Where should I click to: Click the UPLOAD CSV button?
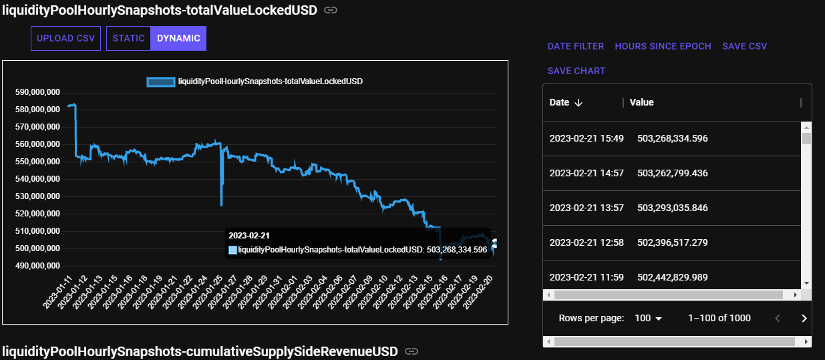(65, 39)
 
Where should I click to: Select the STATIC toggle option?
(128, 39)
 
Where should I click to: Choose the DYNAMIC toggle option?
(178, 39)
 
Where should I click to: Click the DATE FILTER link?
(576, 47)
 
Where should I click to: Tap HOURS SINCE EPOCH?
(663, 47)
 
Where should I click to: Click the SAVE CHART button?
(576, 71)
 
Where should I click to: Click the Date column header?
(559, 103)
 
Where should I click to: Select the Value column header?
(641, 103)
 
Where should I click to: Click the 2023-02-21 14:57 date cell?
(587, 174)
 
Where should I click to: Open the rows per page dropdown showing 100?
(648, 319)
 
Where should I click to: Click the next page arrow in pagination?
(804, 319)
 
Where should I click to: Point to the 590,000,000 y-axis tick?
(37, 92)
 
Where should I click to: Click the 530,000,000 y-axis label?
(37, 196)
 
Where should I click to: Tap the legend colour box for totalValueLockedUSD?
(160, 81)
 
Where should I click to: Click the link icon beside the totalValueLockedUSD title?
(330, 10)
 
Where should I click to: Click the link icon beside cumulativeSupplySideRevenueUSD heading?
(412, 351)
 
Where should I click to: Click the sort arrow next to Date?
(579, 103)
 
